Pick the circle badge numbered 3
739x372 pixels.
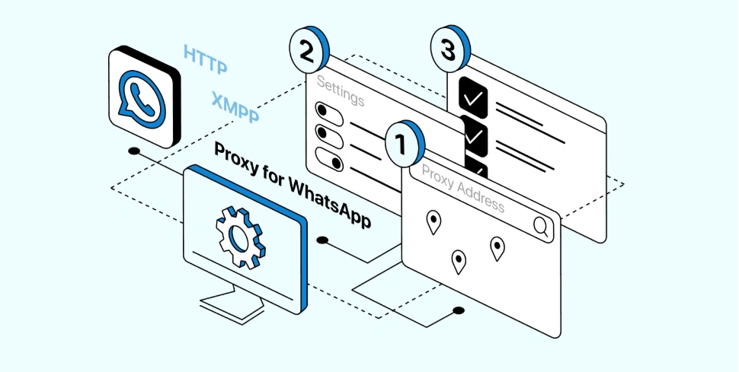(449, 50)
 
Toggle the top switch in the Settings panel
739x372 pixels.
(327, 113)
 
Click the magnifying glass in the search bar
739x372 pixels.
(541, 226)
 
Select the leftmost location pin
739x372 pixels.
(433, 221)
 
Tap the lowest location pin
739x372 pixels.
(459, 261)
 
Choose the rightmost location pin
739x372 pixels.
(497, 247)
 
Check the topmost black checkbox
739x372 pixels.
(472, 97)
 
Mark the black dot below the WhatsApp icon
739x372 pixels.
(134, 151)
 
